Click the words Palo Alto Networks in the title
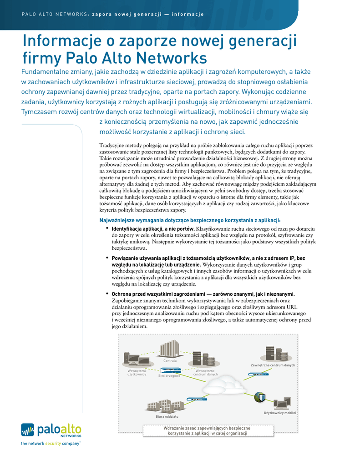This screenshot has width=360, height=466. (136, 58)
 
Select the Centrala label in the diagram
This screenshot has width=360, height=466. (170, 361)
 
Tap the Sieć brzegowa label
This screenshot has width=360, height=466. (169, 376)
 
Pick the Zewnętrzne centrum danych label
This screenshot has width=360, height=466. (273, 365)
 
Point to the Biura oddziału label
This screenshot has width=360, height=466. (167, 416)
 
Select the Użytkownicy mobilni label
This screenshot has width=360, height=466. (280, 413)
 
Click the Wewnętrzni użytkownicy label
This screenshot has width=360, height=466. (137, 373)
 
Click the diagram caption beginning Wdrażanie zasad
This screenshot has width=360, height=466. (208, 431)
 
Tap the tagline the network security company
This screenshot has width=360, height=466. (51, 443)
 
